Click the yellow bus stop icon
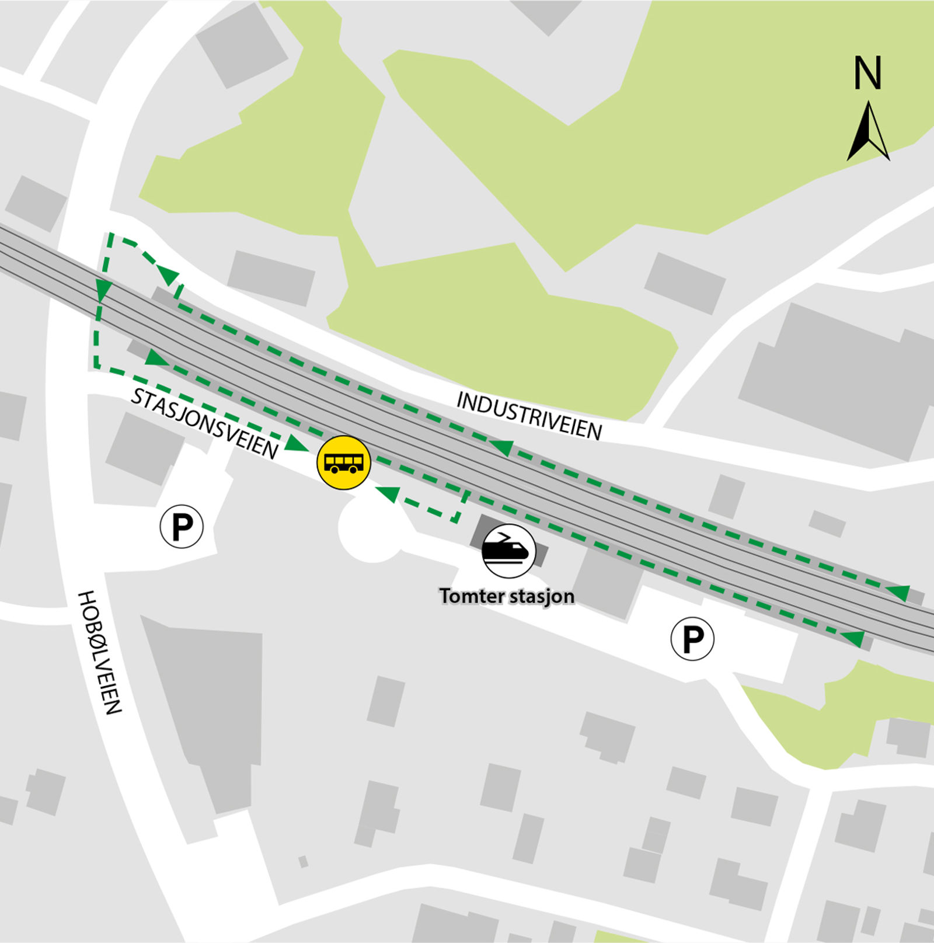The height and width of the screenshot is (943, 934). [344, 462]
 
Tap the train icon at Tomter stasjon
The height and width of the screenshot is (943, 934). [508, 551]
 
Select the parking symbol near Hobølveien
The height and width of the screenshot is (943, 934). [182, 527]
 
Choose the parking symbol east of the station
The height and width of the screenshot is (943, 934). [692, 639]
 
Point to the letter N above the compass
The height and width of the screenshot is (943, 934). [867, 73]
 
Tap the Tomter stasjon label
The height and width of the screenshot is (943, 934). [507, 596]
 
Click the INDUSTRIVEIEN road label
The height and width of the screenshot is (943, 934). [529, 416]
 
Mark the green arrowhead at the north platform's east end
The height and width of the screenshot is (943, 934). [900, 592]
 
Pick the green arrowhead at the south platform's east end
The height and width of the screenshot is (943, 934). [855, 638]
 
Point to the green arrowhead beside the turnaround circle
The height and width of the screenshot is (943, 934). [388, 494]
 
